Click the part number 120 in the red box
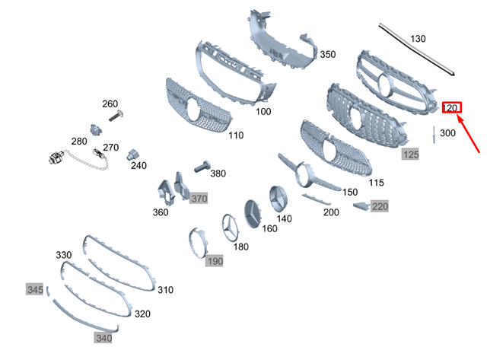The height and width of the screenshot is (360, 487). [x=451, y=107]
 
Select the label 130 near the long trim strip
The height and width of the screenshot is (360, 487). [x=418, y=38]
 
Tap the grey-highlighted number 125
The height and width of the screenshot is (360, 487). [x=410, y=155]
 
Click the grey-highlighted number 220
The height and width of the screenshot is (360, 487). [x=379, y=206]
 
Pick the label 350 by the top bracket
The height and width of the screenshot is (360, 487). [x=326, y=55]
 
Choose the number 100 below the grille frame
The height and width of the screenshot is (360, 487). [x=263, y=112]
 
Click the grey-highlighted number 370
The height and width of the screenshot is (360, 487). [x=199, y=198]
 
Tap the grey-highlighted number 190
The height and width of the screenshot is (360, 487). [x=215, y=261]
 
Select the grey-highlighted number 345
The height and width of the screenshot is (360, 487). [x=35, y=290]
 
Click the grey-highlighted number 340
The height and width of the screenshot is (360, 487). [x=103, y=337]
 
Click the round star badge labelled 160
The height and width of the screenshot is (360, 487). [x=255, y=211]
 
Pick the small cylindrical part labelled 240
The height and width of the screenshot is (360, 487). [x=131, y=152]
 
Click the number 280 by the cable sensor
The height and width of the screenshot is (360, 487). [x=79, y=141]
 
